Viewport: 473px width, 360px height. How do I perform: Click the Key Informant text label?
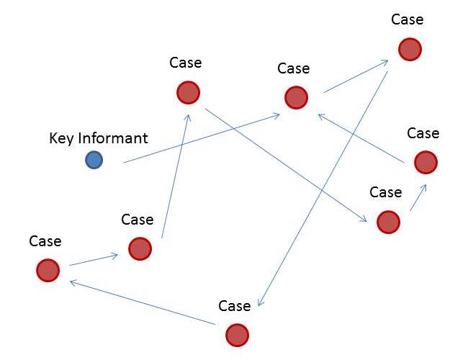pyautogui.click(x=98, y=138)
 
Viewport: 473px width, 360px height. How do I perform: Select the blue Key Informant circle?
pyautogui.click(x=94, y=160)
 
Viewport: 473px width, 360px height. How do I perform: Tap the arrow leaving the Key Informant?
pyautogui.click(x=202, y=138)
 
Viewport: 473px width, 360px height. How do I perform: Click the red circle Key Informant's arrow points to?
pyautogui.click(x=296, y=97)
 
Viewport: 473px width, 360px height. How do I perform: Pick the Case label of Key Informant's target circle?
pyautogui.click(x=293, y=69)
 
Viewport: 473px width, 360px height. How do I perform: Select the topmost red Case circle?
pyautogui.click(x=409, y=49)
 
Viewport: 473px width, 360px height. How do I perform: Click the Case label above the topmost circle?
pyautogui.click(x=407, y=19)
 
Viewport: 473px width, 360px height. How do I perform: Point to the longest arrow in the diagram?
pyautogui.click(x=324, y=189)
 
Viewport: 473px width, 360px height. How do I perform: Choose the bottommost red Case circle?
pyautogui.click(x=237, y=335)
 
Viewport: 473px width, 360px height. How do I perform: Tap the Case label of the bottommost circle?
pyautogui.click(x=234, y=306)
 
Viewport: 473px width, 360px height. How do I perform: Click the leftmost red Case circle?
pyautogui.click(x=48, y=270)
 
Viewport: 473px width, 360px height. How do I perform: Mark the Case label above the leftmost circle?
pyautogui.click(x=45, y=241)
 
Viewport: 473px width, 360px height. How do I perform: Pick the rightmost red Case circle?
pyautogui.click(x=425, y=163)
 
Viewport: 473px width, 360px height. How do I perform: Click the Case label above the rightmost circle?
pyautogui.click(x=423, y=133)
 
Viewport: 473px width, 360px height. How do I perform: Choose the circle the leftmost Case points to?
pyautogui.click(x=140, y=248)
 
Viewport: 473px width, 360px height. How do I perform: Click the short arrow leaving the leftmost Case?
pyautogui.click(x=94, y=260)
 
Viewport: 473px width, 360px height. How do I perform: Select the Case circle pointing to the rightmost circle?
pyautogui.click(x=387, y=222)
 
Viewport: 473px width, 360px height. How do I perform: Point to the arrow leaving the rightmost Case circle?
pyautogui.click(x=359, y=136)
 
